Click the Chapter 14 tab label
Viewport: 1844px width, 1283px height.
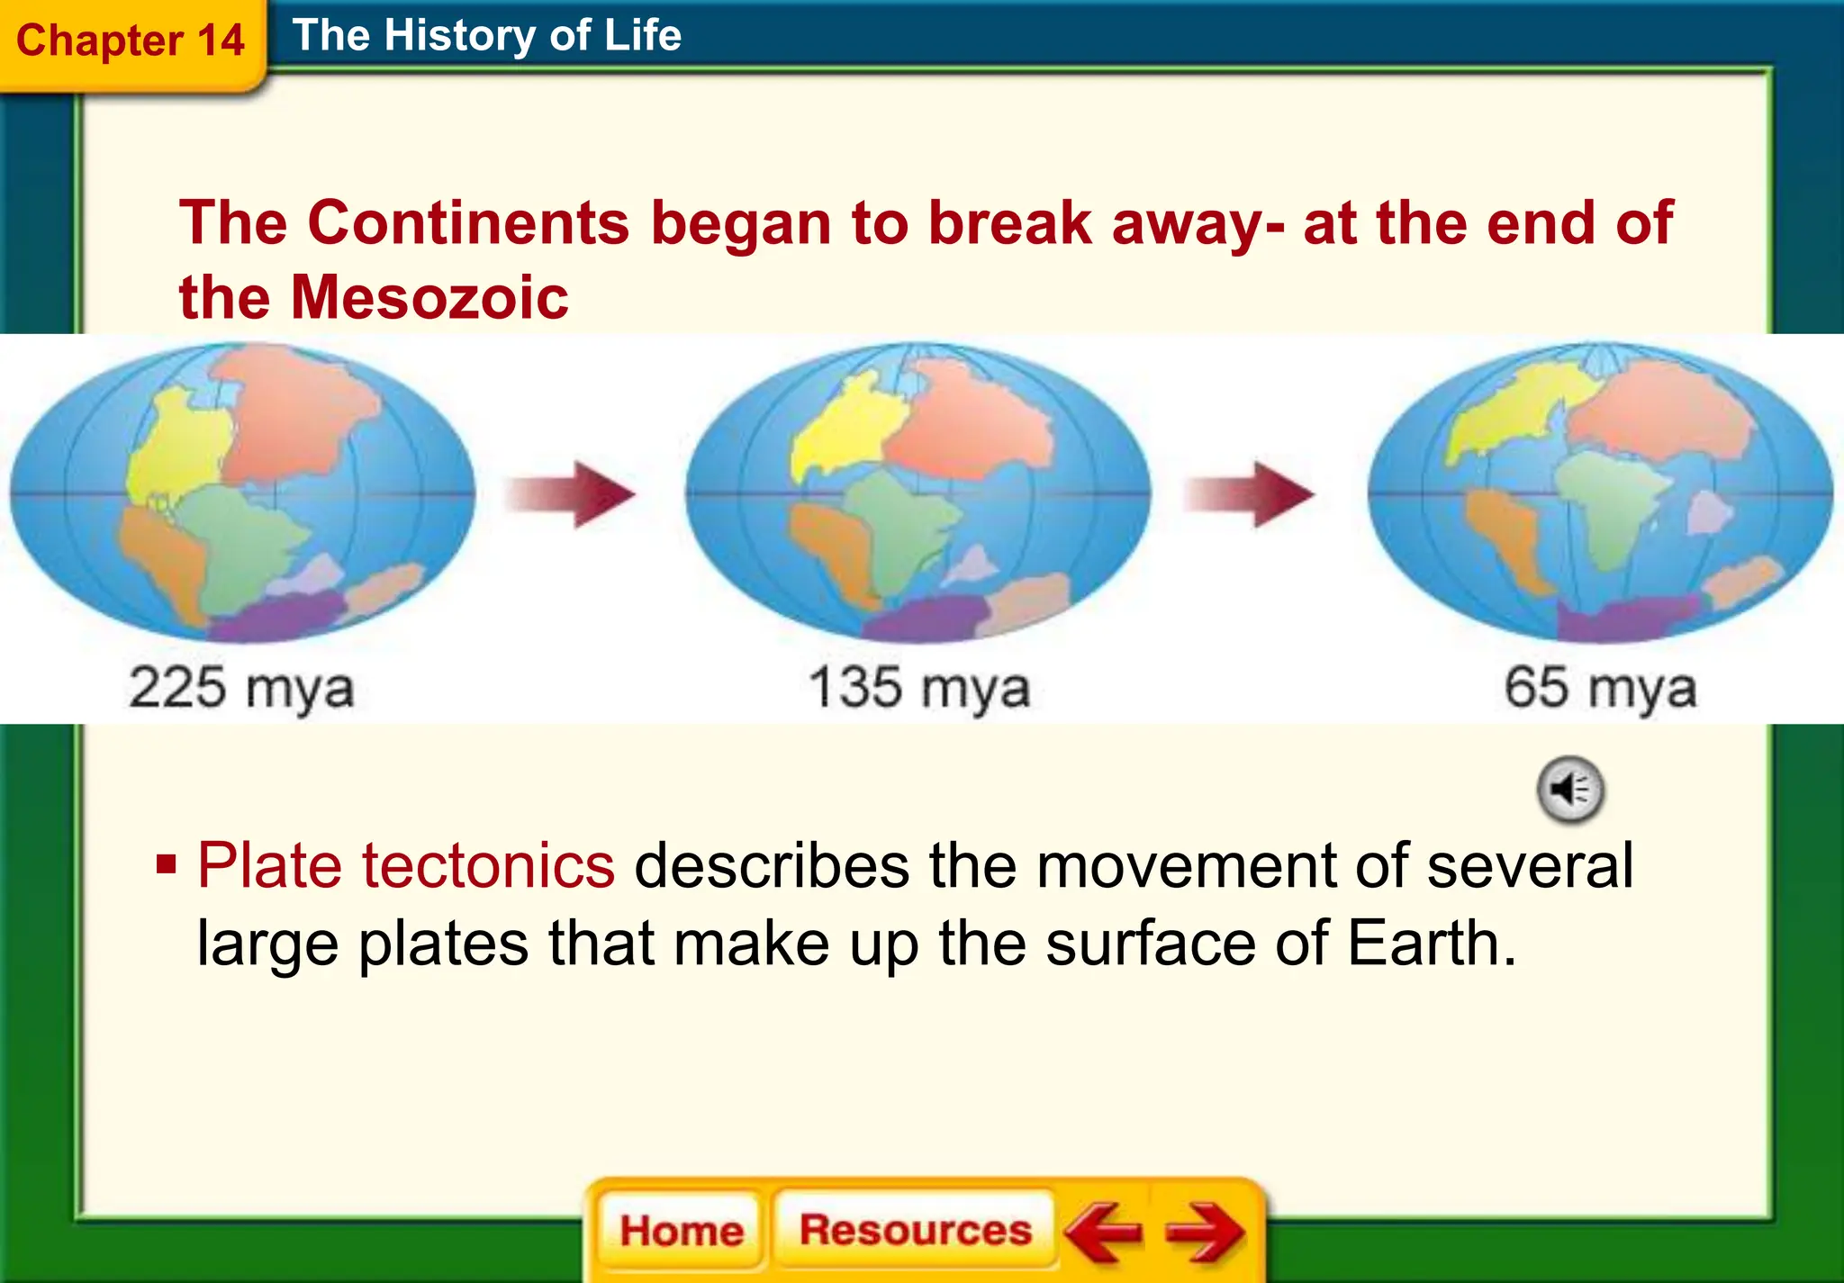131,41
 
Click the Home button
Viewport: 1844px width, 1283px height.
682,1230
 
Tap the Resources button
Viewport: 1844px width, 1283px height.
915,1229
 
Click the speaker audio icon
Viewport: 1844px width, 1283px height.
1570,790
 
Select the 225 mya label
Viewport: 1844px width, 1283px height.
241,689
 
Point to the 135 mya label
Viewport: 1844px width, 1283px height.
918,689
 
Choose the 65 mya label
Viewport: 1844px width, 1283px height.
1600,689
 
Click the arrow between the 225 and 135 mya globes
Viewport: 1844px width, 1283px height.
571,494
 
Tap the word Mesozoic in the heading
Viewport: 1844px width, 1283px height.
429,298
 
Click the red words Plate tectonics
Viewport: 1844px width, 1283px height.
406,866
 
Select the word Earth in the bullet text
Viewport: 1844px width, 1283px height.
1431,944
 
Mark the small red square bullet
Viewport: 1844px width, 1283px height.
166,865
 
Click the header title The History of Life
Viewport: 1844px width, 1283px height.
486,36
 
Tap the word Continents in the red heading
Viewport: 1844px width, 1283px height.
468,222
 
